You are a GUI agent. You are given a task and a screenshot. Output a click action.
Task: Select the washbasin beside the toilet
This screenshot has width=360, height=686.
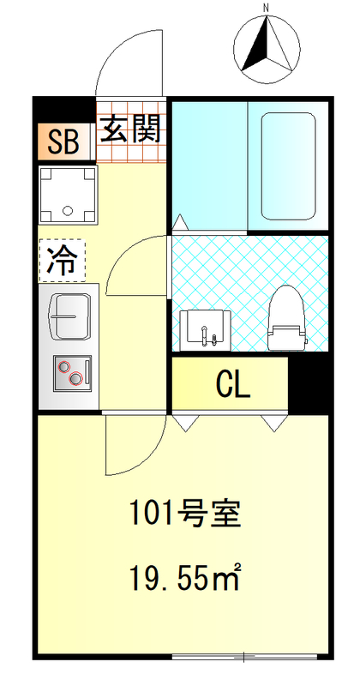(204, 327)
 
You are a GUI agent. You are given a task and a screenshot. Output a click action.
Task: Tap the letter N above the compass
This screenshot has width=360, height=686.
(267, 9)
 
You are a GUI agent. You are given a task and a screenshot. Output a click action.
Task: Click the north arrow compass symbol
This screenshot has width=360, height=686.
(267, 48)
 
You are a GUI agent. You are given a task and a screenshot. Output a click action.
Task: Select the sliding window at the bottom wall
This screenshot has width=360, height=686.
(244, 657)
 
